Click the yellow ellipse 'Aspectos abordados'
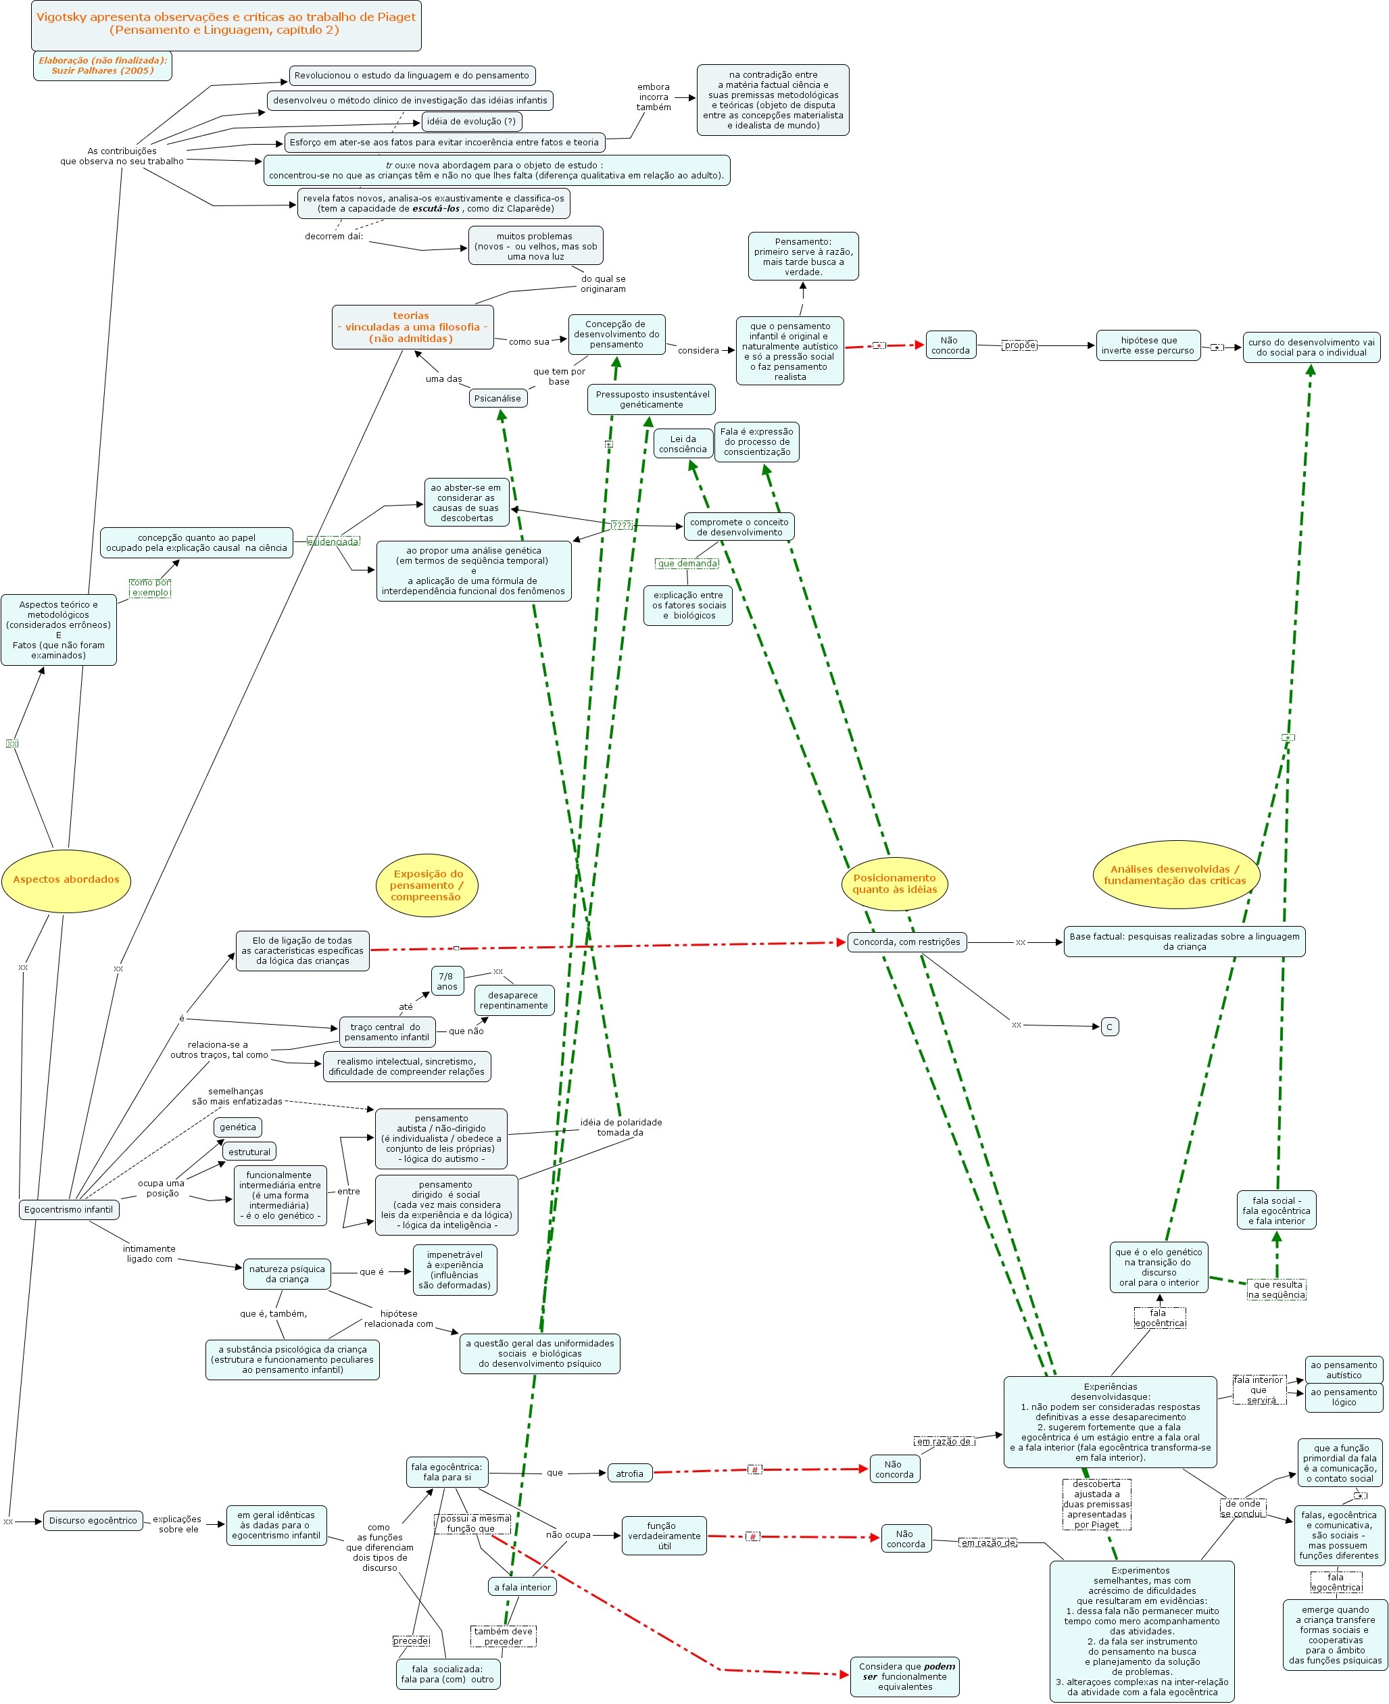(66, 879)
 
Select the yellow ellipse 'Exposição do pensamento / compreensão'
(427, 885)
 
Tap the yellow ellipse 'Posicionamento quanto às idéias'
(894, 883)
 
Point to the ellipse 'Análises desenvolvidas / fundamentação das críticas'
(1175, 875)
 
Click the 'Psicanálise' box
(497, 398)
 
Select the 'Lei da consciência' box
(683, 444)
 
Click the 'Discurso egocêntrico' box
(93, 1520)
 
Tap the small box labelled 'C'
(1109, 1027)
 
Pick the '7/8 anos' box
(447, 981)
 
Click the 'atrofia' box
(629, 1474)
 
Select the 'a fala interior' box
(522, 1586)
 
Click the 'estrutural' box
(249, 1152)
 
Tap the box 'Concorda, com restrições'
(906, 942)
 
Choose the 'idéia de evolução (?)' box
(471, 122)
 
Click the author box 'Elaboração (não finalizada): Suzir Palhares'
(103, 66)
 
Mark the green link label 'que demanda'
(687, 563)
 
